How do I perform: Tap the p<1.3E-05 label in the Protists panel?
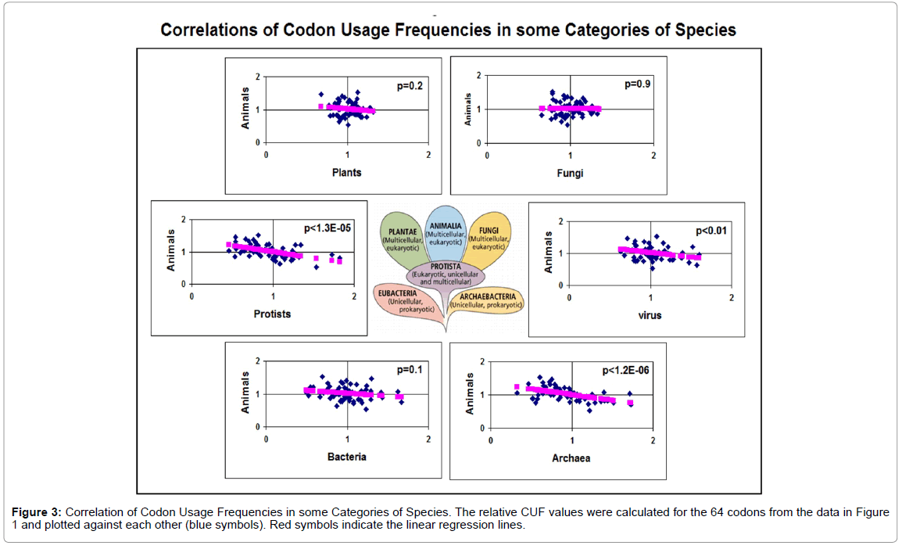pyautogui.click(x=329, y=228)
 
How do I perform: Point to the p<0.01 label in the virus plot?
pyautogui.click(x=712, y=231)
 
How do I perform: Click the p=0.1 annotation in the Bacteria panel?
pyautogui.click(x=410, y=370)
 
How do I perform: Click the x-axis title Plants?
pyautogui.click(x=346, y=172)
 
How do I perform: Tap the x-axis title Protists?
pyautogui.click(x=272, y=314)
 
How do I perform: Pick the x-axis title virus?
pyautogui.click(x=650, y=315)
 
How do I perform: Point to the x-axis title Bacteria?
pyautogui.click(x=347, y=456)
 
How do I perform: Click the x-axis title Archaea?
pyautogui.click(x=572, y=458)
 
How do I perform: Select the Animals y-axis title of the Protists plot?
pyautogui.click(x=171, y=251)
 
